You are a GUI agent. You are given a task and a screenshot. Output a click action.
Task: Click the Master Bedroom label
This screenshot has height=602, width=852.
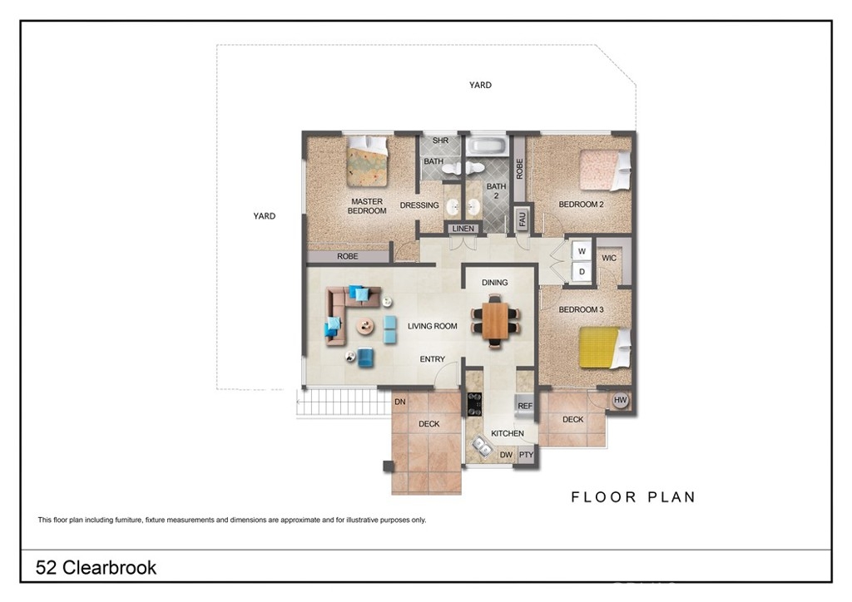click(x=367, y=205)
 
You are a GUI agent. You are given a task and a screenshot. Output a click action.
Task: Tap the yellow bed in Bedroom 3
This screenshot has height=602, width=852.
click(x=604, y=348)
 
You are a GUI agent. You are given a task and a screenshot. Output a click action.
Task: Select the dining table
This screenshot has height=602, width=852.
click(x=495, y=321)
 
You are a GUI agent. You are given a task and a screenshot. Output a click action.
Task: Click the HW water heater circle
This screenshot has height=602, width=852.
click(x=620, y=400)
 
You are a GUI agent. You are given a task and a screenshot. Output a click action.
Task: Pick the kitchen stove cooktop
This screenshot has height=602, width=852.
click(x=474, y=404)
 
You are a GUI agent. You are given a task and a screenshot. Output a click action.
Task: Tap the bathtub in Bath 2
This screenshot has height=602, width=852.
click(x=487, y=146)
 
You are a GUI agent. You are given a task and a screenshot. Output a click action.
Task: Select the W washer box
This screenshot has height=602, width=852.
click(x=582, y=251)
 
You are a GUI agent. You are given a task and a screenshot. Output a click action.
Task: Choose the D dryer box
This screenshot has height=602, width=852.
click(x=582, y=271)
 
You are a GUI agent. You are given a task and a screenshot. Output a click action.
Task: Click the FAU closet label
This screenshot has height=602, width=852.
click(x=523, y=219)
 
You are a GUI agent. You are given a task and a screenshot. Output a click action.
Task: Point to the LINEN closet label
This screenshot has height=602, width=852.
click(x=463, y=229)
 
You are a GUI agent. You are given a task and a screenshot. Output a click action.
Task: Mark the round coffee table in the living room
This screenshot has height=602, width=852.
click(x=365, y=326)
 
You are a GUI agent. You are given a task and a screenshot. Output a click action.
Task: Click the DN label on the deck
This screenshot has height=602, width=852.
click(x=400, y=402)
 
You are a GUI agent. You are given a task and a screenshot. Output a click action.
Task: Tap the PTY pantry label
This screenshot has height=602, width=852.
click(x=526, y=455)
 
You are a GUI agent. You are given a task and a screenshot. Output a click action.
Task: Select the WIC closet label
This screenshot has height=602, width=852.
click(x=609, y=258)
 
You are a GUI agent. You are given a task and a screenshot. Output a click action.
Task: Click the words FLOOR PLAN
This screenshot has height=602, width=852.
click(x=633, y=496)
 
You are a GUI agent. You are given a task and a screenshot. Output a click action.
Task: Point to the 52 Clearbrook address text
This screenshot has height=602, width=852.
click(x=96, y=567)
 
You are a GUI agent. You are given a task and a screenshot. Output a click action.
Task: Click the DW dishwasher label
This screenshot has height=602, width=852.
click(x=506, y=455)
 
